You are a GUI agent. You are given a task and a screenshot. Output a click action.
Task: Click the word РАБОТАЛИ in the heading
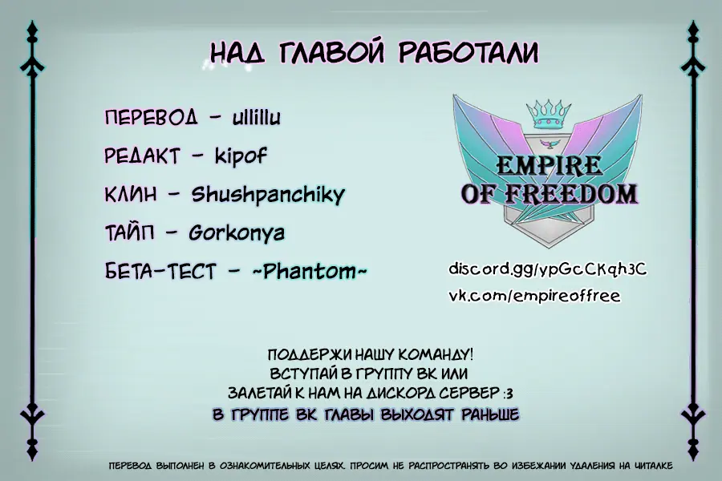[x=468, y=52]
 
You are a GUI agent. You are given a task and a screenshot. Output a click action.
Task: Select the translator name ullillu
[x=257, y=117]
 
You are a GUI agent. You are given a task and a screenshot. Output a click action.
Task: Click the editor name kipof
[x=241, y=156]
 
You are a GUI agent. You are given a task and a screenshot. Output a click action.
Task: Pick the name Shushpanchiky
[x=268, y=194]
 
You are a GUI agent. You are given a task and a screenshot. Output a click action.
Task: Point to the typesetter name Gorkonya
[x=237, y=233]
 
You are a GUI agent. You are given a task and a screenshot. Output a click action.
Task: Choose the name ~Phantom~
[x=310, y=271]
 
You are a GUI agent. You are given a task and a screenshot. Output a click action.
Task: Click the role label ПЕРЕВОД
[x=151, y=117]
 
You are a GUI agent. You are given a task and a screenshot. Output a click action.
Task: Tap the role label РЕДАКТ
[x=142, y=156]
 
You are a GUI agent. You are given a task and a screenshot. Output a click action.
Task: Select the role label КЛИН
[x=131, y=194]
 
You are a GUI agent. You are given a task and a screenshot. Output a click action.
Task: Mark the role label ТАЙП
[x=129, y=233]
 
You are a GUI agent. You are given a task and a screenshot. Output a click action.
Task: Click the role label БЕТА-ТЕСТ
[x=160, y=271]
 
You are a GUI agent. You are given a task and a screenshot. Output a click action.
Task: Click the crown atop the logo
[x=549, y=113]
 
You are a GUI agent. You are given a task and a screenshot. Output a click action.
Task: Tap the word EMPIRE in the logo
[x=549, y=166]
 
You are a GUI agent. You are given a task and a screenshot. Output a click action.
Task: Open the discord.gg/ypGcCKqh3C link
[x=547, y=269]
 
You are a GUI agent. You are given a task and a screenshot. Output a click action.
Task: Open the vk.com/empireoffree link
[x=534, y=296]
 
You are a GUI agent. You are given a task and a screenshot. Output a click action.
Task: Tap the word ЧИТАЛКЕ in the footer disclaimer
[x=653, y=466]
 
